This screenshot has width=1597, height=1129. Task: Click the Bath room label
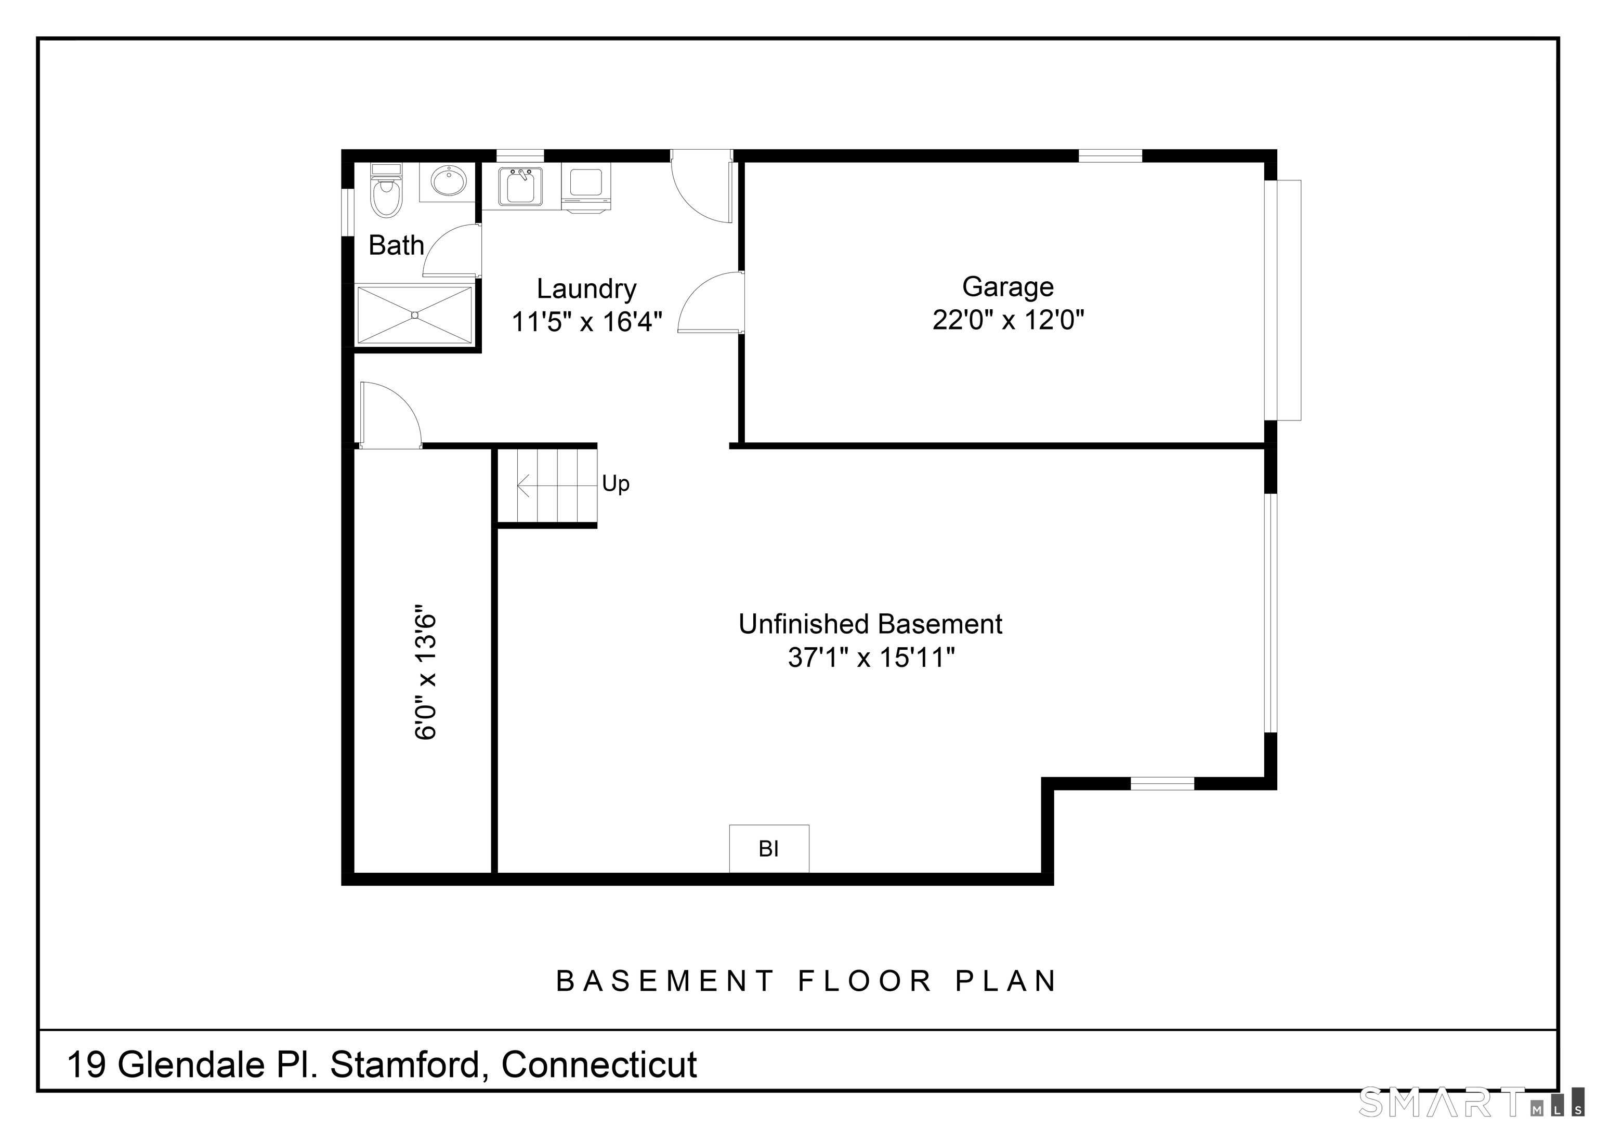[396, 245]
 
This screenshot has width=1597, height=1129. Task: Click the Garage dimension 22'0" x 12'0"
[1009, 320]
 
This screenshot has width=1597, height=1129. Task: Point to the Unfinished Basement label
[870, 624]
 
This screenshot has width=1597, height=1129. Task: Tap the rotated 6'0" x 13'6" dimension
[426, 677]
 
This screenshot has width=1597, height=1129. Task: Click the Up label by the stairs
[616, 483]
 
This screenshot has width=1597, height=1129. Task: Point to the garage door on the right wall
[1284, 300]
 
